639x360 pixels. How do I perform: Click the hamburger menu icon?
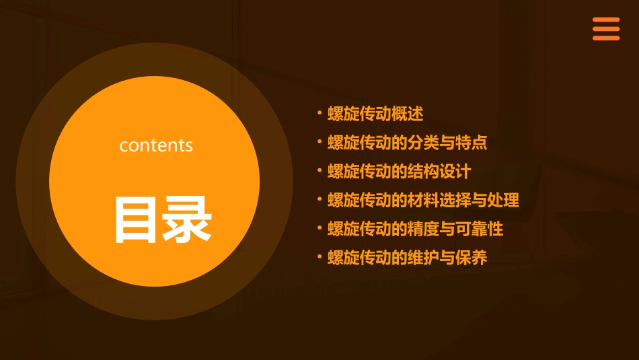pos(606,29)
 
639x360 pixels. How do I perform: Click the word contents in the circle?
pos(156,145)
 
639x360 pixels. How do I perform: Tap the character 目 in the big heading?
pos(135,219)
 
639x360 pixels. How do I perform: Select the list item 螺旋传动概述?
pos(375,114)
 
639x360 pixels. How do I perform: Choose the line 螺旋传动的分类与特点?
pos(407,143)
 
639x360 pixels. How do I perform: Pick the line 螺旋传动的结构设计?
pos(399,172)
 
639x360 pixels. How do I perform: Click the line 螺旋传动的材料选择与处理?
pos(423,201)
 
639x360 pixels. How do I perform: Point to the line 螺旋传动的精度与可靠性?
pos(415,229)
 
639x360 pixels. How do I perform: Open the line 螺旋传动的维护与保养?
pos(407,258)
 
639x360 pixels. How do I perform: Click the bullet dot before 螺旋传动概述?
pos(320,113)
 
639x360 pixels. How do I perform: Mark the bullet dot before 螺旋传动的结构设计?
pos(320,171)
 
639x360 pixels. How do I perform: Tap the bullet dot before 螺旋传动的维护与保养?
pos(320,257)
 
